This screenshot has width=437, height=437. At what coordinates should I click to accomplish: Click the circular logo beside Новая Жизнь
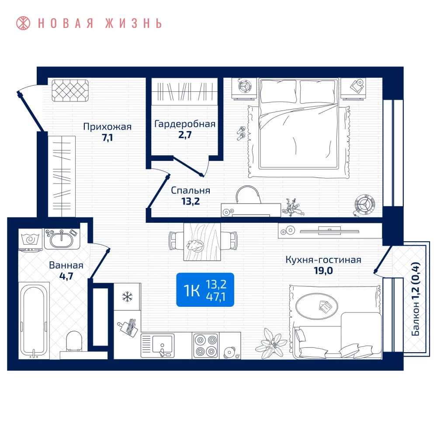(x=23, y=23)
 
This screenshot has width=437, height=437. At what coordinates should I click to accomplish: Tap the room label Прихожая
(x=108, y=127)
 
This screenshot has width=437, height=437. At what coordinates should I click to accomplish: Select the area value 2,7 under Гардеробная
(x=185, y=135)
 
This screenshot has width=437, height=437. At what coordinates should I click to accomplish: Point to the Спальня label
(x=191, y=191)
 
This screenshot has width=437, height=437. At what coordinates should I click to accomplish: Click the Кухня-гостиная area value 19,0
(x=323, y=271)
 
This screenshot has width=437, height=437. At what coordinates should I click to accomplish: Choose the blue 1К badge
(x=205, y=290)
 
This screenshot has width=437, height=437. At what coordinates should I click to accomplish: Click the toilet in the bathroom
(x=74, y=341)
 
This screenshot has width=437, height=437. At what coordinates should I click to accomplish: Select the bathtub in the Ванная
(x=34, y=320)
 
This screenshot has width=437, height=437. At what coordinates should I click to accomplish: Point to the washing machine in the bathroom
(x=31, y=240)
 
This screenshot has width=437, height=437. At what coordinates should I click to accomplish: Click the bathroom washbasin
(x=62, y=239)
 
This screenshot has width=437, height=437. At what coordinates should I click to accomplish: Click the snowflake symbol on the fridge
(x=127, y=297)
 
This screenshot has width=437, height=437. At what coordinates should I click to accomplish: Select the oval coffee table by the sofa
(x=316, y=306)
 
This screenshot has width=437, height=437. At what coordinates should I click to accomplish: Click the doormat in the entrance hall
(x=70, y=90)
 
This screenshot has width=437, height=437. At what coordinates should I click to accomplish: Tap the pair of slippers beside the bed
(x=241, y=133)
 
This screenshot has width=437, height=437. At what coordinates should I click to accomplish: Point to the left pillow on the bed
(x=278, y=91)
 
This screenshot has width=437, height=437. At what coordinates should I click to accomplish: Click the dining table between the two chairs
(x=202, y=242)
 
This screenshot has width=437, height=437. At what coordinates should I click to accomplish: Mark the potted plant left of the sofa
(x=271, y=343)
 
